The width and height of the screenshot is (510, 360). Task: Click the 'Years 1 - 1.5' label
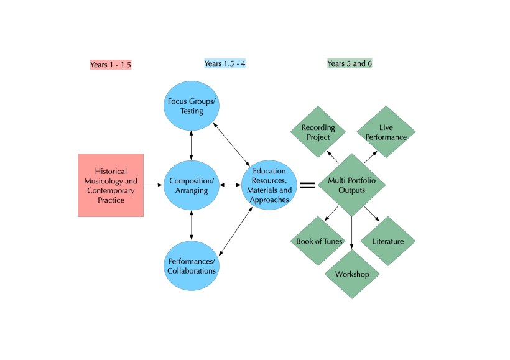(111, 65)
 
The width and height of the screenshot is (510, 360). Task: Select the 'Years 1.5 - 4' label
(226, 63)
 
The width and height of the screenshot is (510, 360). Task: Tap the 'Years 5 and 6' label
(350, 63)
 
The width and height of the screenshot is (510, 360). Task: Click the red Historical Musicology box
(111, 185)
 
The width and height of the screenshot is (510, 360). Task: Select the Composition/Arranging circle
(192, 185)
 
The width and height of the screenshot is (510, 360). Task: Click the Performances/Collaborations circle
(192, 265)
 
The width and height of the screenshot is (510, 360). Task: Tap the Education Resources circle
(269, 185)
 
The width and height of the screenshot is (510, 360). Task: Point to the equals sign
(307, 185)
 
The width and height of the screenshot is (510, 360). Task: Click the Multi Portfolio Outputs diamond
(351, 185)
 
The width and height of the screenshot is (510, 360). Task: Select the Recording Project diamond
(318, 132)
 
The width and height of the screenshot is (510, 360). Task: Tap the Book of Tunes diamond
(317, 241)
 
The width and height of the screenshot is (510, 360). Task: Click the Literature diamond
(387, 241)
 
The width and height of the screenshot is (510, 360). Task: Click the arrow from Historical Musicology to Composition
(154, 185)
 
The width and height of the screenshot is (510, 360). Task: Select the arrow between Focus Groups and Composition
(192, 146)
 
